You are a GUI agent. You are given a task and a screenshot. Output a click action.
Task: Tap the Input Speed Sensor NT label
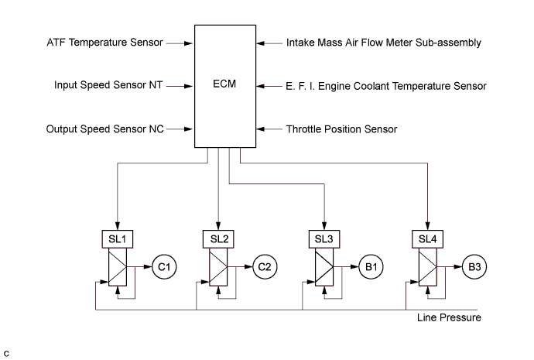pyautogui.click(x=109, y=85)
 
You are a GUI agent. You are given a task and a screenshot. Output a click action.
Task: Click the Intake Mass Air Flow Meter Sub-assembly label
pyautogui.click(x=384, y=43)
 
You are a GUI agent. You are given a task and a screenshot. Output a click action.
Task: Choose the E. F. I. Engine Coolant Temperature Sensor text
pyautogui.click(x=386, y=86)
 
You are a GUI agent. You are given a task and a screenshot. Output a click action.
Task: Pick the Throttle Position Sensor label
pyautogui.click(x=341, y=129)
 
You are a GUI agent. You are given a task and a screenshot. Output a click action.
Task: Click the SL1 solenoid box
pyautogui.click(x=115, y=238)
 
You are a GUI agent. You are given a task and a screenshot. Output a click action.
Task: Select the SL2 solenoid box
pyautogui.click(x=219, y=238)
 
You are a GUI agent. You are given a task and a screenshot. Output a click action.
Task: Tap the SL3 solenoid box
pyautogui.click(x=323, y=238)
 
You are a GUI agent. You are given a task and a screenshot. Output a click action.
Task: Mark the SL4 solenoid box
pyautogui.click(x=428, y=238)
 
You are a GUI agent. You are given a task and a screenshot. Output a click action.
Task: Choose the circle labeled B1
pyautogui.click(x=370, y=268)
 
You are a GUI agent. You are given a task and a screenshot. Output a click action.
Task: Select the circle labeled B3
pyautogui.click(x=474, y=268)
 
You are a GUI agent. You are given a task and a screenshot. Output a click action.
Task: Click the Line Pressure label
pyautogui.click(x=449, y=318)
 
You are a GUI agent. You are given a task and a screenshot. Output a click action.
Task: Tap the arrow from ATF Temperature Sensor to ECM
pyautogui.click(x=178, y=43)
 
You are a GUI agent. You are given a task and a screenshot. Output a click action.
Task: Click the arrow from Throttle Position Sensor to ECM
pyautogui.click(x=270, y=129)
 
